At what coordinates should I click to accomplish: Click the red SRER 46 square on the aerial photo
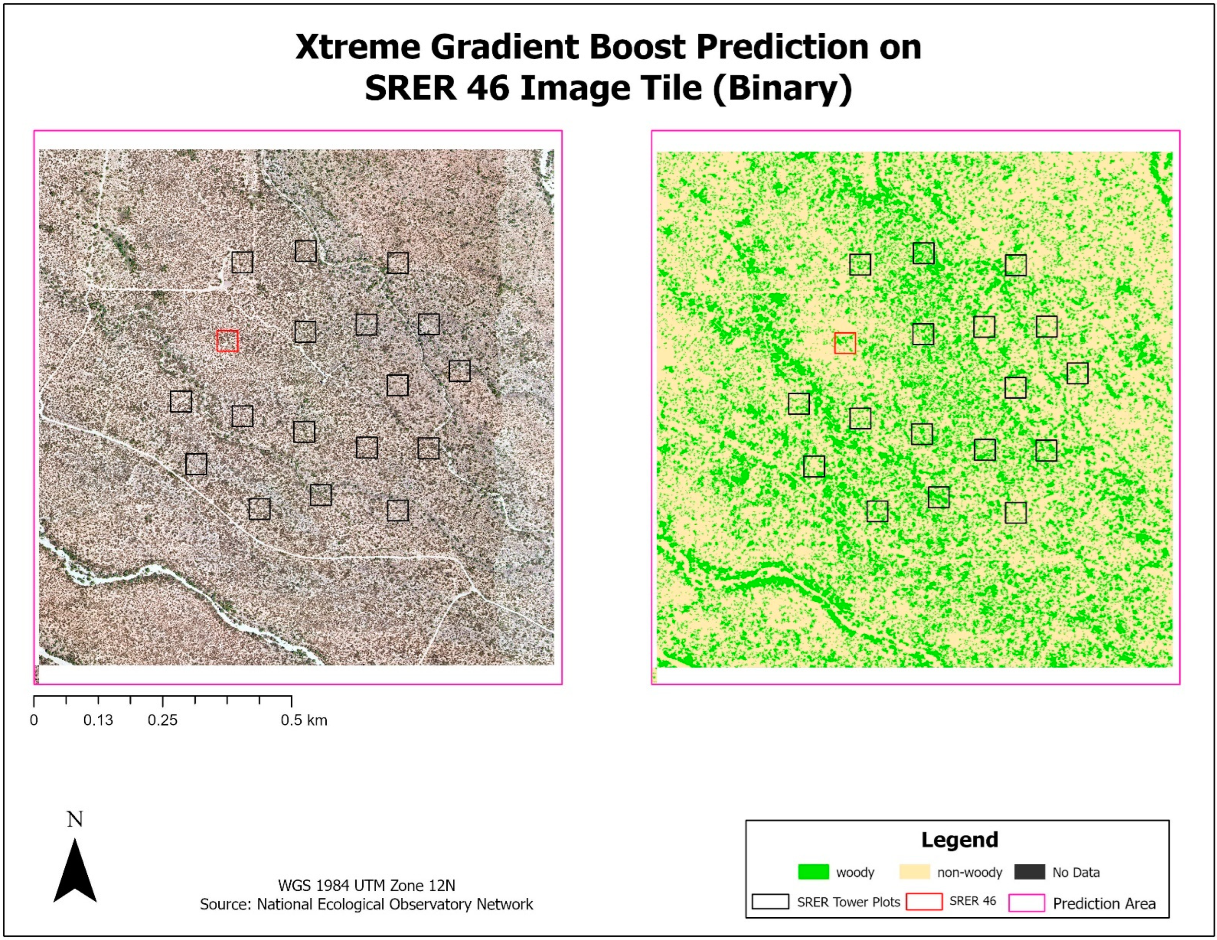(227, 341)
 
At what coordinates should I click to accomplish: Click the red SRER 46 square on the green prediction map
(845, 343)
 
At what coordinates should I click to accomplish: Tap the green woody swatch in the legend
(813, 872)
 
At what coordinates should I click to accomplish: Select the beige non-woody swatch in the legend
(915, 872)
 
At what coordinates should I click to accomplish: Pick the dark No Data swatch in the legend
(1029, 872)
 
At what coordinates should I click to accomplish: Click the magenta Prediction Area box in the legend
(1026, 903)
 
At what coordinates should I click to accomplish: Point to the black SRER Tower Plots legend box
(770, 901)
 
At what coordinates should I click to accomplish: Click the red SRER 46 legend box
(924, 901)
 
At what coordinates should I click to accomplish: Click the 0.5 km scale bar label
(304, 720)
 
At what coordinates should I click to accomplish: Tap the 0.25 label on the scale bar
(162, 720)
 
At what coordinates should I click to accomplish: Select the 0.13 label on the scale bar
(98, 720)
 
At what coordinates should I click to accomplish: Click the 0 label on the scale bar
(34, 720)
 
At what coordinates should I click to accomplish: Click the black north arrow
(75, 872)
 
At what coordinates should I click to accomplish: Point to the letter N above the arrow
(75, 819)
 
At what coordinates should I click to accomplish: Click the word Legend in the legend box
(960, 840)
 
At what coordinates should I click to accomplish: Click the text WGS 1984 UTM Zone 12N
(366, 885)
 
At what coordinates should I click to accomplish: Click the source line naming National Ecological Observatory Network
(366, 904)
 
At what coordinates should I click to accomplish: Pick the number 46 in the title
(488, 88)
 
